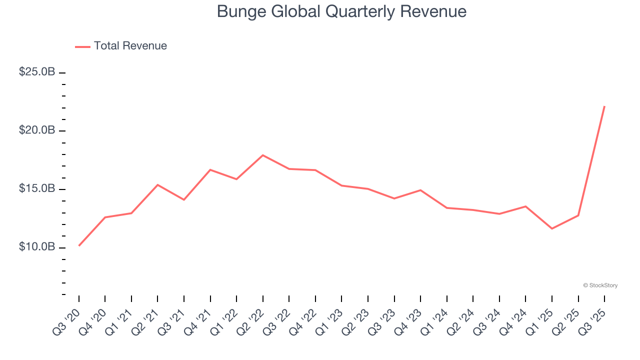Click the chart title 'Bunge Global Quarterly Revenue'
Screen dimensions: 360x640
coord(341,11)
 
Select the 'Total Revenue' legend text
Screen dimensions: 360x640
coord(130,46)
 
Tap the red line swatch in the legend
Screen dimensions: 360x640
coord(82,46)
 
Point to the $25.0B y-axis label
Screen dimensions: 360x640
coord(37,72)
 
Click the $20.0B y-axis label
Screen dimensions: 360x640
coord(37,130)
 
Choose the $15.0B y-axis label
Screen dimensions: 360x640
coord(37,189)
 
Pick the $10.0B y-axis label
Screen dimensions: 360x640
coord(37,247)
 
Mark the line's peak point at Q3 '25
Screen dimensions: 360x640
coord(604,106)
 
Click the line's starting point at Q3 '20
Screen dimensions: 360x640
coord(79,245)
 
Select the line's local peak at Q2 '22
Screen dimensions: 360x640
coord(263,155)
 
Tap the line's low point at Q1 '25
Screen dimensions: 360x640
coord(552,228)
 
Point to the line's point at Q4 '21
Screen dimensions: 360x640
coord(210,170)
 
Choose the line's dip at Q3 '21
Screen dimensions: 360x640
coord(184,200)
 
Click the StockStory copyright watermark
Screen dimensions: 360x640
coord(600,285)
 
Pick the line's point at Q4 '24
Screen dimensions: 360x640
coord(525,206)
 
